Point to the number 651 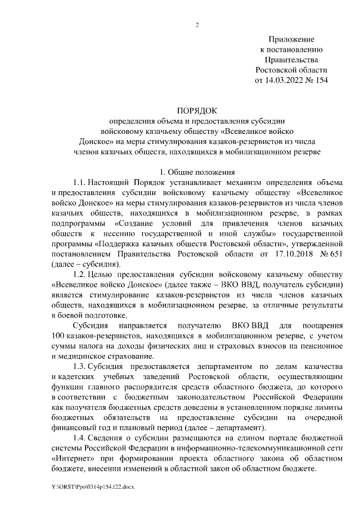335,254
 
